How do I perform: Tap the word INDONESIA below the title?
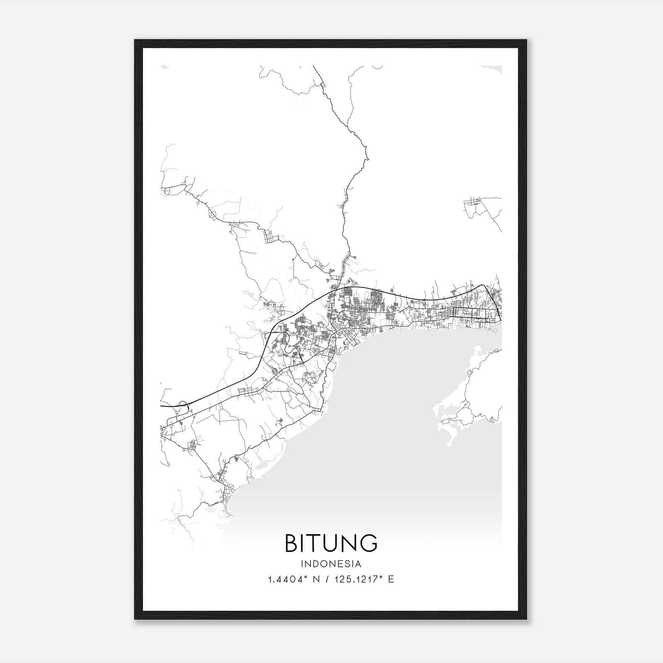(331, 564)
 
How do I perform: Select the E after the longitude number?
(391, 579)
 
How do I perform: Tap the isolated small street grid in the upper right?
(473, 203)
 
